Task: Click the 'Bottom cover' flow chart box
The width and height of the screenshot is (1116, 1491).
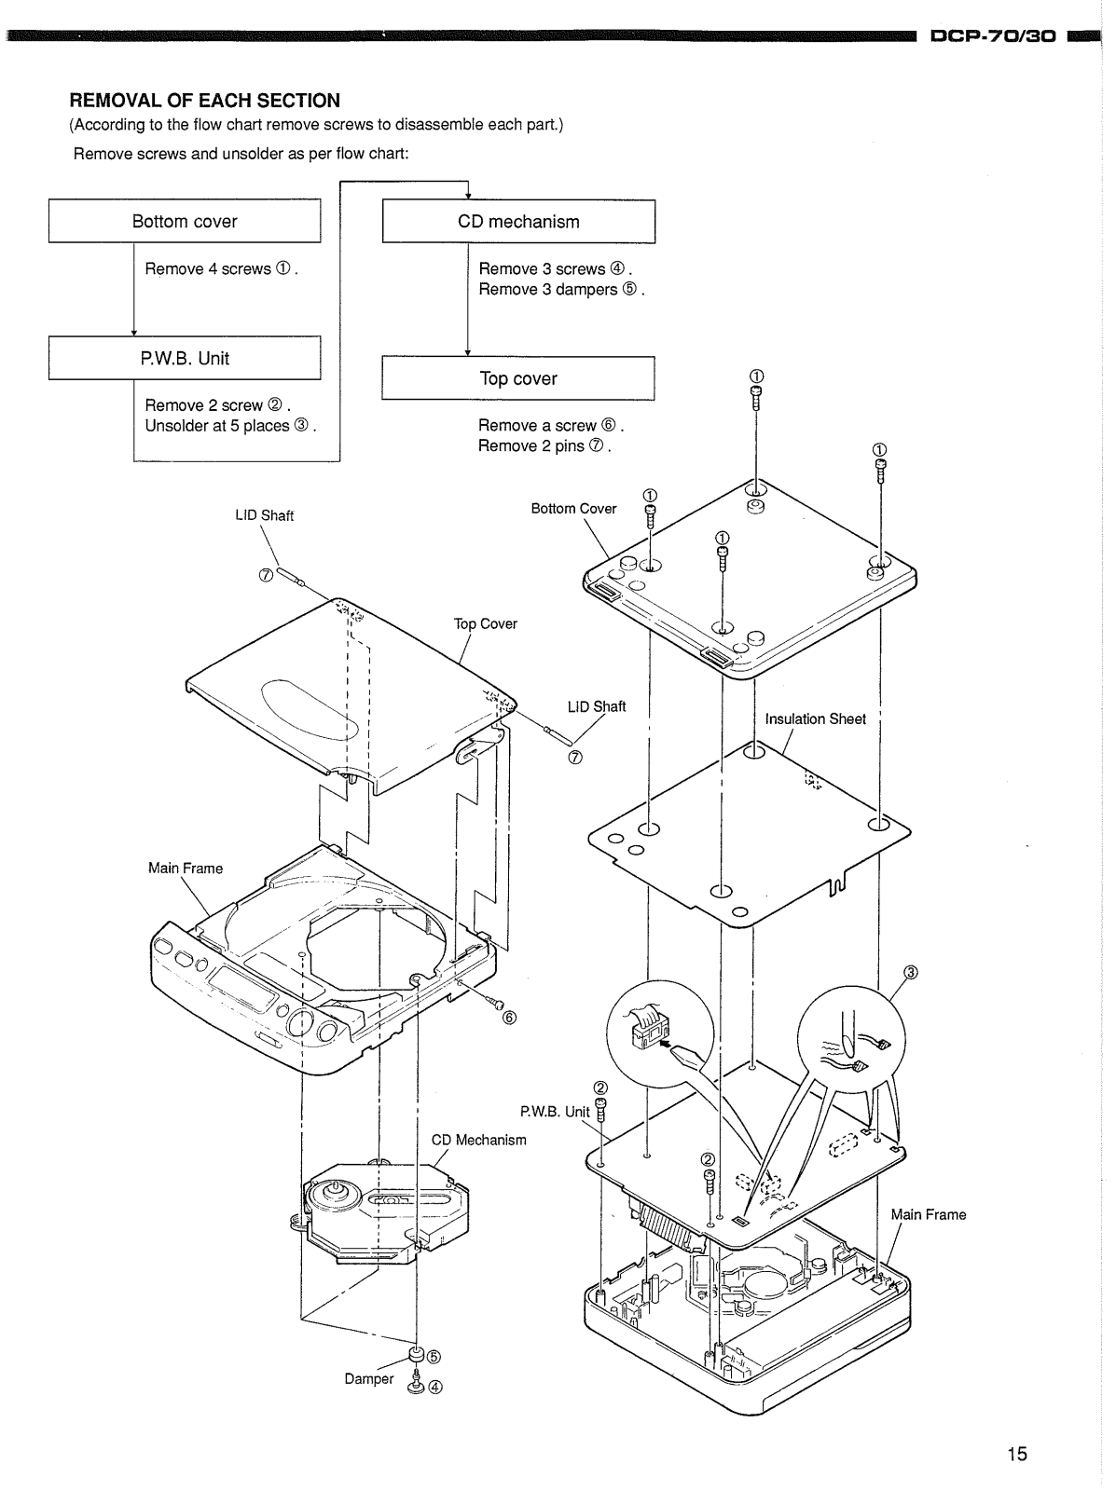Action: [185, 221]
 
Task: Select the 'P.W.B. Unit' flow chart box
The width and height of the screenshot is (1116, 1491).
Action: [185, 357]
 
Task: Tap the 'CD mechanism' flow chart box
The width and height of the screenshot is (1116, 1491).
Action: [518, 222]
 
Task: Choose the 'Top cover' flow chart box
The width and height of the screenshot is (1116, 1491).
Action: [517, 377]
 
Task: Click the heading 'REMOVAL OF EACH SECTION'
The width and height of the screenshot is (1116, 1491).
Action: [204, 101]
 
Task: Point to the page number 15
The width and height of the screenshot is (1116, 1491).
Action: [1017, 1454]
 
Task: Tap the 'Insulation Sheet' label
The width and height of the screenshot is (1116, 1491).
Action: [815, 718]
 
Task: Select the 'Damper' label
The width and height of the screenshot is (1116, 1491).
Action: [368, 1378]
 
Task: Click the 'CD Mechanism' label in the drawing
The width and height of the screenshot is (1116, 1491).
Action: [478, 1140]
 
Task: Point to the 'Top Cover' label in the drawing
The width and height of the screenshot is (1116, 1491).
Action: [485, 623]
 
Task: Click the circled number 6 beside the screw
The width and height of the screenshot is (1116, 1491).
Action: [509, 1018]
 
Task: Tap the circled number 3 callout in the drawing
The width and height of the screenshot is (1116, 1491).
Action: [911, 973]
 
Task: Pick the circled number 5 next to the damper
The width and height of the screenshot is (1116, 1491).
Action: [434, 1357]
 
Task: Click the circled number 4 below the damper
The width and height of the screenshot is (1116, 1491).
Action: [435, 1387]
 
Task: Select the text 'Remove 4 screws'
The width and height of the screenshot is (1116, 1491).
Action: [208, 269]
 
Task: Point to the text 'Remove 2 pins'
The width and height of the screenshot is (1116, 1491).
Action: [530, 445]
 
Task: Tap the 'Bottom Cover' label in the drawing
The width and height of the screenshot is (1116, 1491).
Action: [573, 509]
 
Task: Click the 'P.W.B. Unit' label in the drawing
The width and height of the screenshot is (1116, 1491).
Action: [555, 1112]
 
